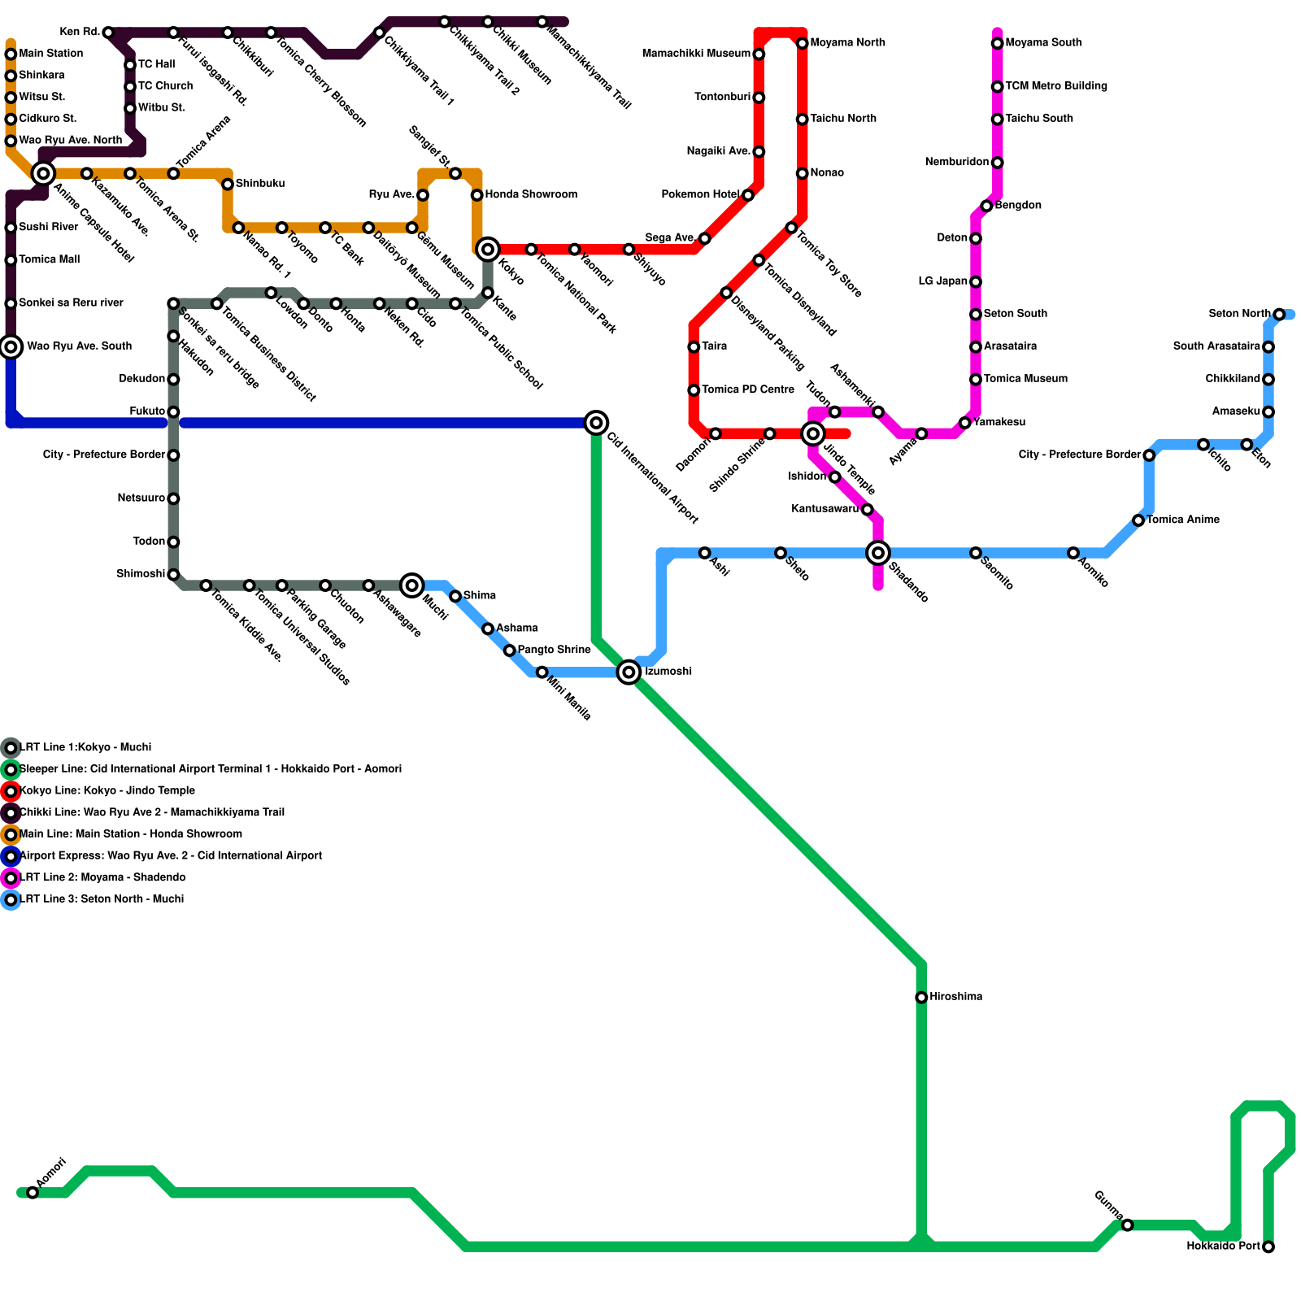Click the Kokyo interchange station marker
tap(488, 249)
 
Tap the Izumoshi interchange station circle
tap(629, 672)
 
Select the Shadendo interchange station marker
tap(878, 553)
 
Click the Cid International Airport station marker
tap(596, 423)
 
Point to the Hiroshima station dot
tap(921, 998)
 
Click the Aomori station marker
tap(33, 1193)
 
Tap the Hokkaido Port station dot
tap(1268, 1247)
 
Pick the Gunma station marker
tap(1127, 1225)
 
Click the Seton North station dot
tap(1279, 315)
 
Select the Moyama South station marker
tap(997, 43)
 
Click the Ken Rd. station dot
tap(108, 33)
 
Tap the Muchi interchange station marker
tap(412, 585)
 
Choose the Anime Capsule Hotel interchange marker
tap(43, 173)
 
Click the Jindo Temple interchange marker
tap(813, 433)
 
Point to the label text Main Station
tap(50, 54)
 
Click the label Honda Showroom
tap(531, 195)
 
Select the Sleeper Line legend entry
tap(210, 769)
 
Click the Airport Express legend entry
tap(170, 856)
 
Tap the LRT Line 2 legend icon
tap(11, 878)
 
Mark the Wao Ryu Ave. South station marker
tap(11, 347)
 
